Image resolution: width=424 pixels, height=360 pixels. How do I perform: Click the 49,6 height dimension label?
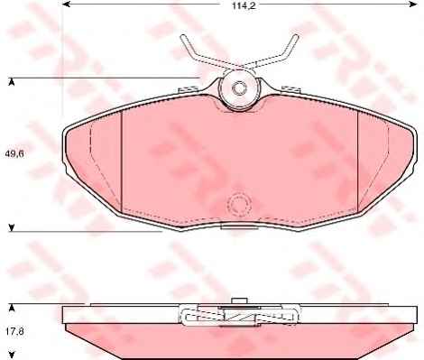pyautogui.click(x=14, y=154)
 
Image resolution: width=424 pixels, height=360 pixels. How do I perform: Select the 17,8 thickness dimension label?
pyautogui.click(x=14, y=331)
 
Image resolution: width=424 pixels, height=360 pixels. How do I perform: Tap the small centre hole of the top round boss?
pyautogui.click(x=240, y=88)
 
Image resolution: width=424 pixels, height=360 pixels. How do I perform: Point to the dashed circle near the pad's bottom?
pyautogui.click(x=239, y=206)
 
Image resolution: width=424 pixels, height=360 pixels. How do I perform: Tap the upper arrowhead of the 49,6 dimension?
pyautogui.click(x=12, y=82)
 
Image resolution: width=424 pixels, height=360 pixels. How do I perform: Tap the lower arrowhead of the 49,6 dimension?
pyautogui.click(x=12, y=228)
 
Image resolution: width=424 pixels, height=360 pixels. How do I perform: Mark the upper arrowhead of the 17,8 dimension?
pyautogui.click(x=12, y=308)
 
